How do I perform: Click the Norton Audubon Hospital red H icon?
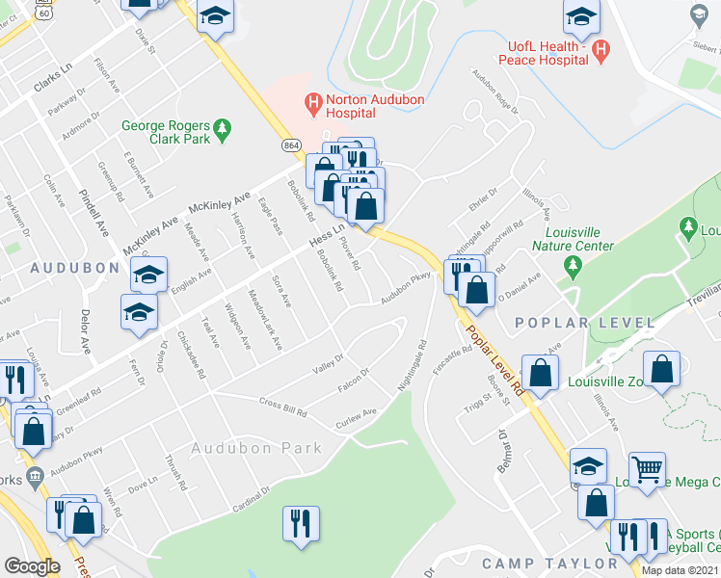pos(311,100)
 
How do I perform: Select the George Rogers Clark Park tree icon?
pos(223,126)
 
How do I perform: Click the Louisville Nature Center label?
pos(586,239)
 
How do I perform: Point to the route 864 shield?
pos(292,144)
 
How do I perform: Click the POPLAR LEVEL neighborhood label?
pos(565,321)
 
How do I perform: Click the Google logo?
pos(32,566)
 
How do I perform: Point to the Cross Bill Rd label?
pos(281,407)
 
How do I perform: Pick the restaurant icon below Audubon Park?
pos(301,524)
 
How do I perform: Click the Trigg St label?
pos(477,408)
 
